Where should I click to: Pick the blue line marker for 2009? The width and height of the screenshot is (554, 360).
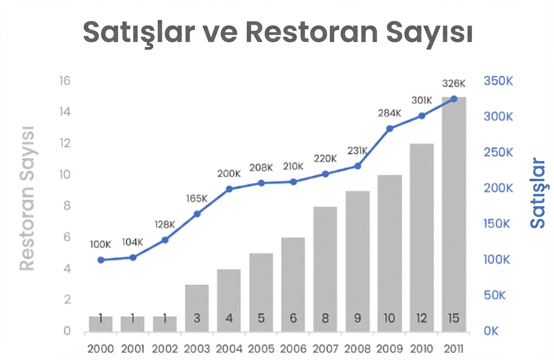point(390,129)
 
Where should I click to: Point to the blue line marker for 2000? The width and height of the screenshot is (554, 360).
point(101,260)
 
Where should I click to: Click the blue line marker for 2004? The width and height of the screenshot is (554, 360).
point(229,189)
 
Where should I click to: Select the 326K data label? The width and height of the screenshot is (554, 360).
point(454,83)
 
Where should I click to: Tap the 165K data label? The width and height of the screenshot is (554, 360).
point(197,199)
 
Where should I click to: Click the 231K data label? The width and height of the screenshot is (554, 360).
point(358,151)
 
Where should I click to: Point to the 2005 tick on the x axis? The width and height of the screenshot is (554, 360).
point(261,349)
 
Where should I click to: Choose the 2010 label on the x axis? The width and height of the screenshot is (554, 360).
point(421,349)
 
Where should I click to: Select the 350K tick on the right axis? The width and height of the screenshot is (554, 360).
point(498,81)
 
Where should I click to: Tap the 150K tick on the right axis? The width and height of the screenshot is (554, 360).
point(498,224)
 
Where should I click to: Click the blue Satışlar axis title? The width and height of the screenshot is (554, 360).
point(538,193)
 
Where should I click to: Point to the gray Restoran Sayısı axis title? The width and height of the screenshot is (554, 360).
point(27,198)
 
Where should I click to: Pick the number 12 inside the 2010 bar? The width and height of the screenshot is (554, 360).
point(421,318)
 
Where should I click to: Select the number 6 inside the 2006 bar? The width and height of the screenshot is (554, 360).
point(293,318)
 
